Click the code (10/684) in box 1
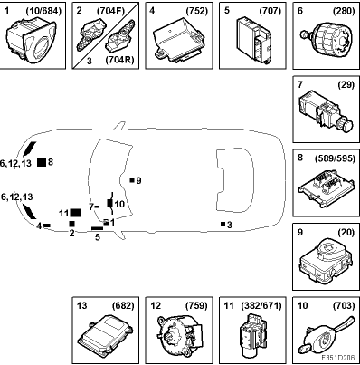pos(43,11)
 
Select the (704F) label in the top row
pos(110,11)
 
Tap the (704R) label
pos(119,60)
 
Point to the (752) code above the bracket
pos(197,11)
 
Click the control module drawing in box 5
pos(253,40)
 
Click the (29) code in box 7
pos(346,85)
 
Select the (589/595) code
pos(335,158)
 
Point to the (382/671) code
pos(261,306)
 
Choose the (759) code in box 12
pos(197,306)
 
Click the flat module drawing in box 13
pos(105,335)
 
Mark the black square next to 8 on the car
pos(42,162)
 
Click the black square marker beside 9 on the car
pos(132,180)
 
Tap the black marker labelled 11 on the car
pos(76,213)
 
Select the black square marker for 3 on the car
pos(223,224)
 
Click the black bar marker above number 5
pos(97,228)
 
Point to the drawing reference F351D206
pos(337,358)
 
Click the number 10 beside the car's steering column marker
pos(119,205)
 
